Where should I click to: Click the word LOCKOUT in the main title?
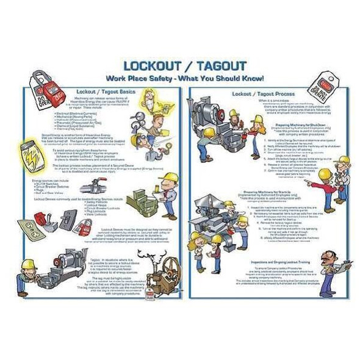(x=149, y=66)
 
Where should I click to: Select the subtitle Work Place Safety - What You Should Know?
(x=184, y=79)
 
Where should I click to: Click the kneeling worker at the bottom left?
(x=28, y=273)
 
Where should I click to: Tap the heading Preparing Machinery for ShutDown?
(x=268, y=125)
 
